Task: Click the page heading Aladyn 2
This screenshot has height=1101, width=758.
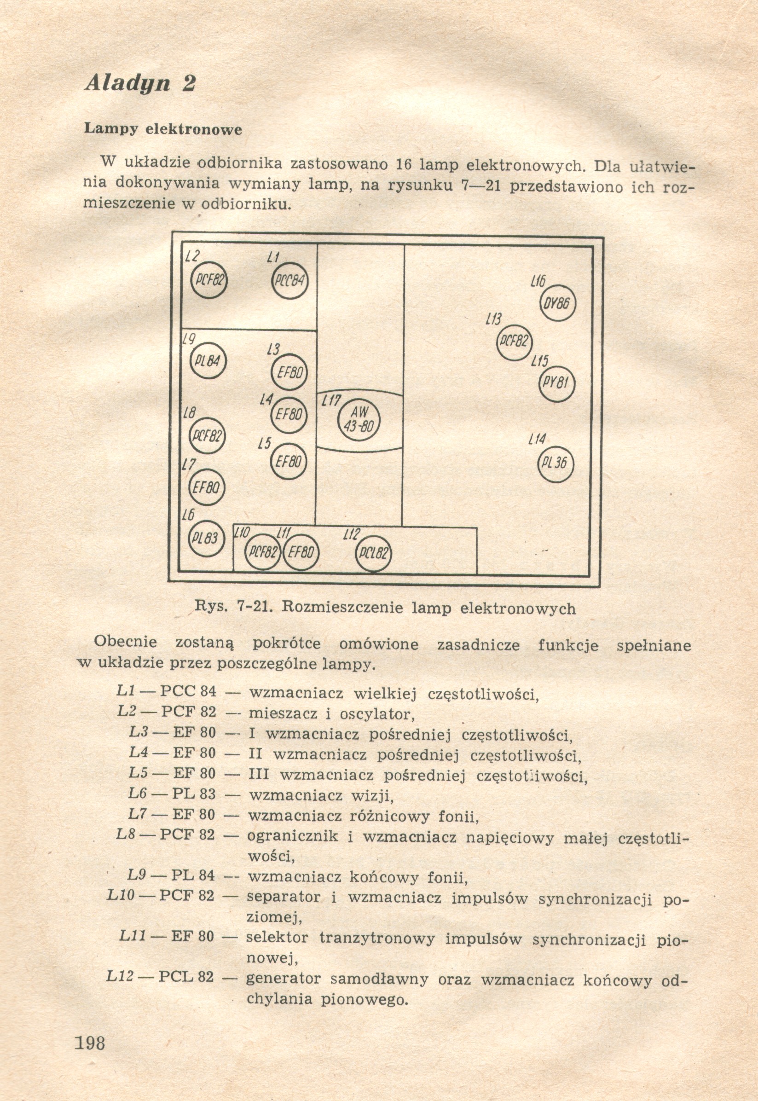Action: (140, 84)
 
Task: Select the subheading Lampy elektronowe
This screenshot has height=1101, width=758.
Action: (163, 129)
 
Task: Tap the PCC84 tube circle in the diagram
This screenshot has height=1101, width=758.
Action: (289, 281)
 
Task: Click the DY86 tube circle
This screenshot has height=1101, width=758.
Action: (558, 303)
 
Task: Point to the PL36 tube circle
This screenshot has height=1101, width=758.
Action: (555, 463)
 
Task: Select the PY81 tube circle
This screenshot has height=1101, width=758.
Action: (557, 384)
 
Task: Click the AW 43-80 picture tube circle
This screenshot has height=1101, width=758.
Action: (359, 419)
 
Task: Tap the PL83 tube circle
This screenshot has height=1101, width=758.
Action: (206, 539)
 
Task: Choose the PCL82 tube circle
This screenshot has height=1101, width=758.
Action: (374, 553)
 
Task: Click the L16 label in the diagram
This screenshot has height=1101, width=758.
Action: (538, 282)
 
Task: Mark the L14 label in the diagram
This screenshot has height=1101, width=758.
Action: (537, 440)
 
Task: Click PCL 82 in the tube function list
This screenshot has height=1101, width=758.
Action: (186, 977)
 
